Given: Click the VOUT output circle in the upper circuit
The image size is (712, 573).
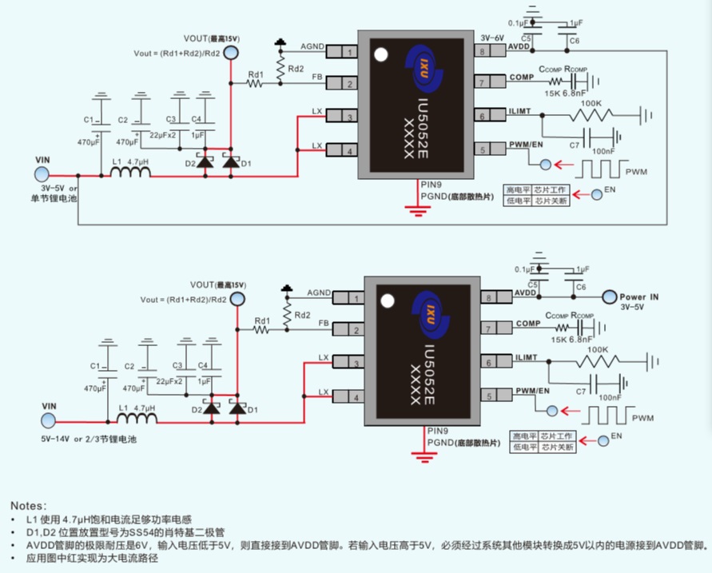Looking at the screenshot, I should (231, 53).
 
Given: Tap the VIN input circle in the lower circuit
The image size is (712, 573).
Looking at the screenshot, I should (50, 420).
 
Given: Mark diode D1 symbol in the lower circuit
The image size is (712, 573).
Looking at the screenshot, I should (237, 408).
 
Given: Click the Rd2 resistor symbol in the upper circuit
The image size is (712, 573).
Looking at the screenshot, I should (280, 70).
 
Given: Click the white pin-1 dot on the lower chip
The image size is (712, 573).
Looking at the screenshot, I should (388, 302).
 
